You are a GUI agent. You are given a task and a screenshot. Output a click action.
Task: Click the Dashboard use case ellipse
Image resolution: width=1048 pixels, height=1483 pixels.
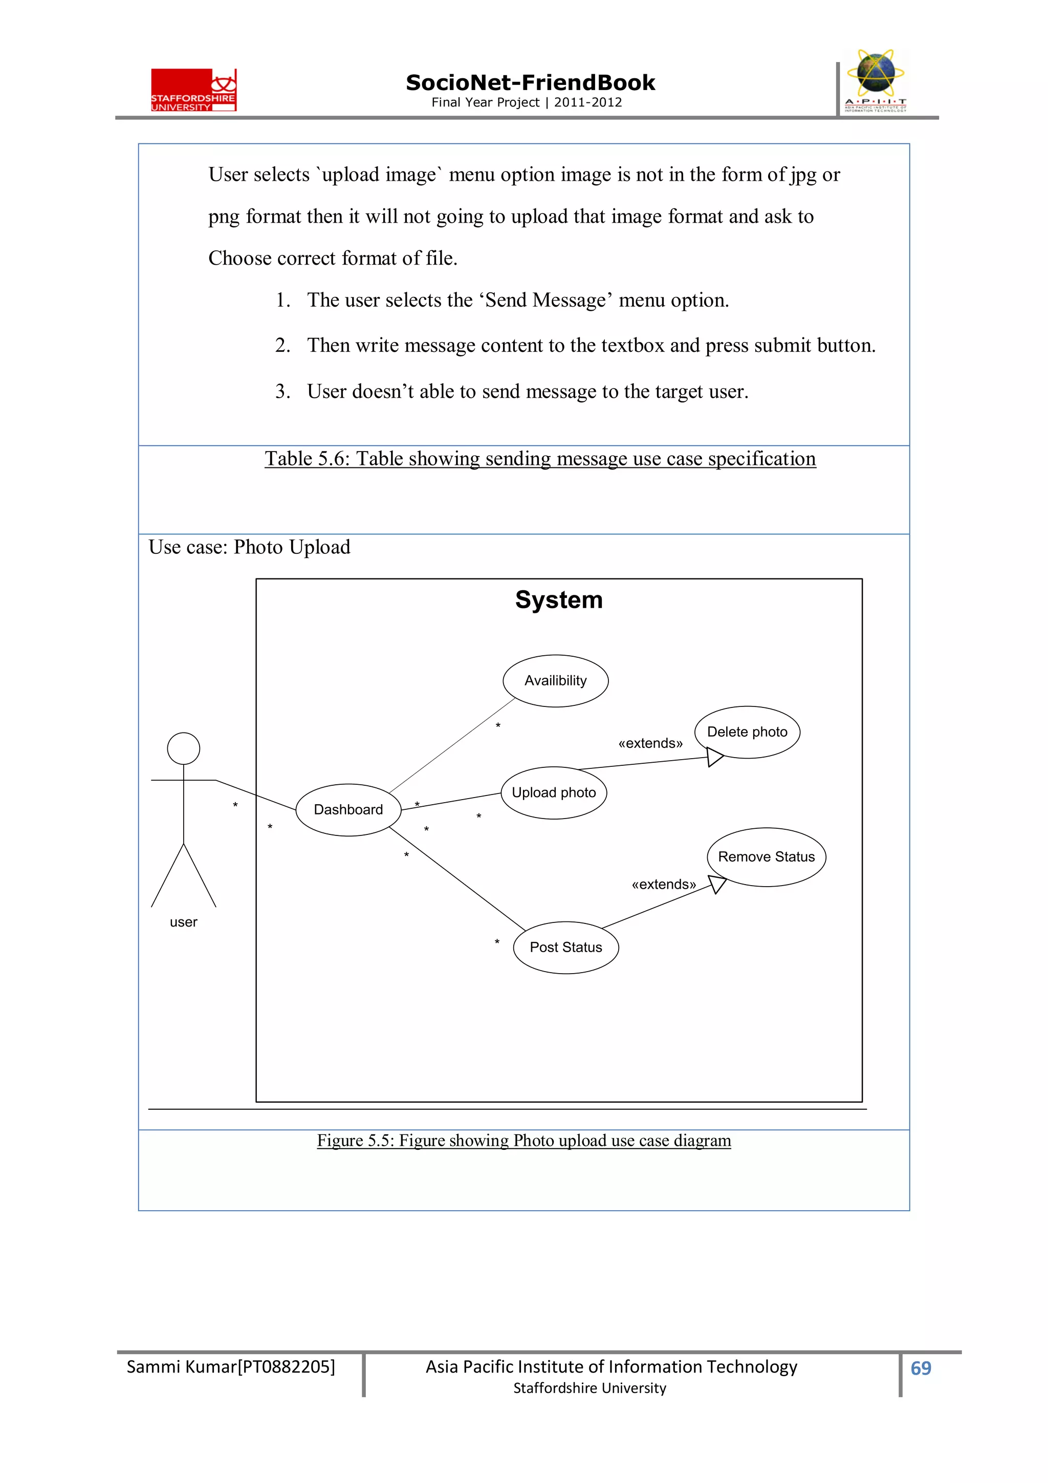348,809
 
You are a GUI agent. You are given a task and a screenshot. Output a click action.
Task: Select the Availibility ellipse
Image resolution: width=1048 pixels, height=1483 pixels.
555,681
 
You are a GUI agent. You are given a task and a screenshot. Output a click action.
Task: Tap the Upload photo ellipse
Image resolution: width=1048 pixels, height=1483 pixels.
553,792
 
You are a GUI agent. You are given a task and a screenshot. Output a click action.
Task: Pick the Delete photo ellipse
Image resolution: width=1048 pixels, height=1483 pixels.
747,732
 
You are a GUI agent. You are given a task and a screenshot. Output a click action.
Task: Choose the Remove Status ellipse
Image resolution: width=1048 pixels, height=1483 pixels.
767,856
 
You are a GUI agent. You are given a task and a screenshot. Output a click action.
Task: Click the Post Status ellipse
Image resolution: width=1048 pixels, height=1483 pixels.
565,947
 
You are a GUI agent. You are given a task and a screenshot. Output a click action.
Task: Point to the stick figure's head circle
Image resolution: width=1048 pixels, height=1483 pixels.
183,748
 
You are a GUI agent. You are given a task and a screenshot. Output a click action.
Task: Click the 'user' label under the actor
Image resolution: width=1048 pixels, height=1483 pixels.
183,922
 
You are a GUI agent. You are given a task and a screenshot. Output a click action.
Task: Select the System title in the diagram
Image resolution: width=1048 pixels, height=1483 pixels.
559,599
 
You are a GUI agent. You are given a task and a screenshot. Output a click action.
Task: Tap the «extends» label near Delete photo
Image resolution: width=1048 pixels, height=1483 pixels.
650,743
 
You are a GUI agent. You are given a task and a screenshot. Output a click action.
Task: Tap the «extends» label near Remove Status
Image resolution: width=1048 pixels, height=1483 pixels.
664,884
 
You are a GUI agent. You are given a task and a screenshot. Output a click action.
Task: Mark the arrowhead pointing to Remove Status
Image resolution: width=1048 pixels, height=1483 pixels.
718,884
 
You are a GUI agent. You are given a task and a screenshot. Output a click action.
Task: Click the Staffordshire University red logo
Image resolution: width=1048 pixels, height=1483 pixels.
194,91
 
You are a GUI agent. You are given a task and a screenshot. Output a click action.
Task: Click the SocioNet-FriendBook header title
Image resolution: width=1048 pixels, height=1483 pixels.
530,83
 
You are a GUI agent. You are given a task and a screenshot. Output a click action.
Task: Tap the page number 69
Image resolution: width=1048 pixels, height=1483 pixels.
920,1368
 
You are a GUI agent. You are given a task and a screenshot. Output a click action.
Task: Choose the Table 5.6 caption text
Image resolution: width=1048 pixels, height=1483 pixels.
540,459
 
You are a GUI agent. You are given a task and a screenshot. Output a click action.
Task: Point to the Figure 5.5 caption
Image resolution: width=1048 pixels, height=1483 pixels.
523,1141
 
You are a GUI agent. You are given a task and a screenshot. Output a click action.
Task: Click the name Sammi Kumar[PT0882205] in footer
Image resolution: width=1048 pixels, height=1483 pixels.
230,1367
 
